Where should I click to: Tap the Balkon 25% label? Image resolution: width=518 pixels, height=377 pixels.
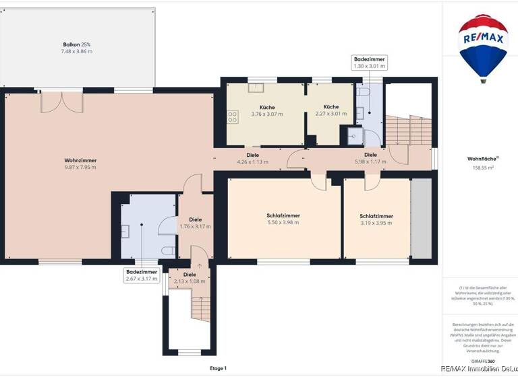click(78, 44)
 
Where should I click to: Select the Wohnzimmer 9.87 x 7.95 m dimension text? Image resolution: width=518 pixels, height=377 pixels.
click(80, 167)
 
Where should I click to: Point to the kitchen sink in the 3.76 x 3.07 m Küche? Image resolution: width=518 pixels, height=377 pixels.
click(257, 87)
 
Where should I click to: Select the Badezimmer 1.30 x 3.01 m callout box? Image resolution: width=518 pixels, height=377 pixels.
click(369, 63)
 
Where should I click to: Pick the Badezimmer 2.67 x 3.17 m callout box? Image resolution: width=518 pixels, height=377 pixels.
click(141, 275)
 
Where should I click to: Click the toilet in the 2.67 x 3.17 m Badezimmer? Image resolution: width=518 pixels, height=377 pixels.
click(169, 251)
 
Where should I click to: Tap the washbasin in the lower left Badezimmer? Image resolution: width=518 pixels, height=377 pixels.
click(126, 230)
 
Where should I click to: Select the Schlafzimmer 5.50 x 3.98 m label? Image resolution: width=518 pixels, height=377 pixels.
click(283, 219)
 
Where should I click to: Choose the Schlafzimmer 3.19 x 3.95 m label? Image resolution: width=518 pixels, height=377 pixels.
click(376, 219)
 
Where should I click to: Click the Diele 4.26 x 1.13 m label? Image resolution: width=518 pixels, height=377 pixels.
click(252, 158)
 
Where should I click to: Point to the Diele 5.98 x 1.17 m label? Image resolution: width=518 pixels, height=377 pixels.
click(370, 158)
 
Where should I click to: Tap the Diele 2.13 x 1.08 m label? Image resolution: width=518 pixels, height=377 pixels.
click(190, 278)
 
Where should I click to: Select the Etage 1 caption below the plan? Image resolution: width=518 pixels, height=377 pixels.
click(218, 368)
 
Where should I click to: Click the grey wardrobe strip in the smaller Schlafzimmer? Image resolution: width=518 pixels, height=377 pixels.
click(421, 218)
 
